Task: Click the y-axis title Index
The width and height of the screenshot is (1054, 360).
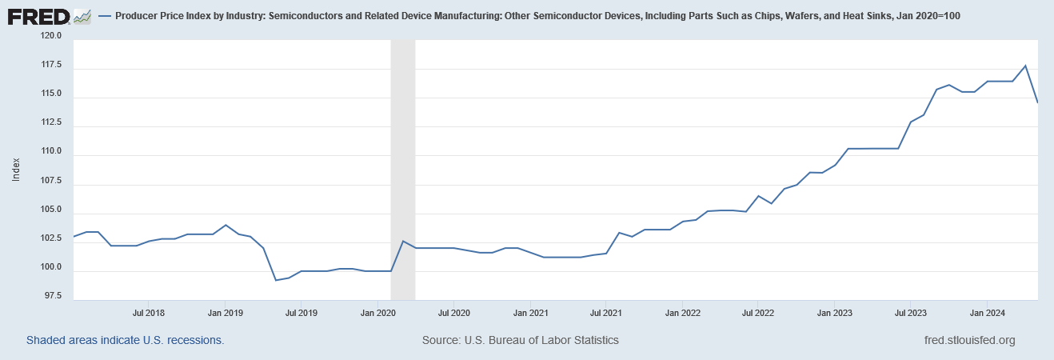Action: click(x=16, y=169)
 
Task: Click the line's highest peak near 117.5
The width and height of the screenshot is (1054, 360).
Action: click(x=1025, y=66)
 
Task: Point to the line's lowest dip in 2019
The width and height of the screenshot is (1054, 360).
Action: click(x=276, y=280)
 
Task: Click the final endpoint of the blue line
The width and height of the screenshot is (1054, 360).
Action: click(x=1037, y=102)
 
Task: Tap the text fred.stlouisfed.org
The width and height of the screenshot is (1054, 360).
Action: click(x=968, y=340)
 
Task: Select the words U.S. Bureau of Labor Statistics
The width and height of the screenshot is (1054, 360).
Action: click(x=541, y=340)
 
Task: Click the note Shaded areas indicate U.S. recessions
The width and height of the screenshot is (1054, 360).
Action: click(x=125, y=340)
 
